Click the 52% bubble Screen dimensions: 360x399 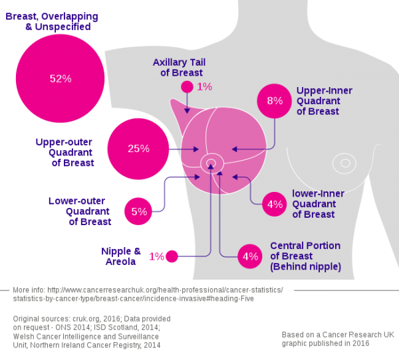point(61,78)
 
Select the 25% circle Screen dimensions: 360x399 point(139,148)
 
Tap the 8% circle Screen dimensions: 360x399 point(275,101)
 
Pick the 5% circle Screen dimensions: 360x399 point(139,211)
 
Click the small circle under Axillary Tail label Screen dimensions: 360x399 point(187,87)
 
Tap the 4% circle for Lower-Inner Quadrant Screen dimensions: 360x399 point(275,204)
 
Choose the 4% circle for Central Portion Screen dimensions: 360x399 point(250,256)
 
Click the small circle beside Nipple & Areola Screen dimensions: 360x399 point(172,256)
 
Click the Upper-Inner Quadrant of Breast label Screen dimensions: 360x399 point(324,100)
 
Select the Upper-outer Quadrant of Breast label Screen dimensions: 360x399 point(65,152)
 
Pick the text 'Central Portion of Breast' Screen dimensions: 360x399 point(305,250)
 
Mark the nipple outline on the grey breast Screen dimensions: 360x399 point(344,162)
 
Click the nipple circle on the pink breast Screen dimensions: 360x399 point(212,161)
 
